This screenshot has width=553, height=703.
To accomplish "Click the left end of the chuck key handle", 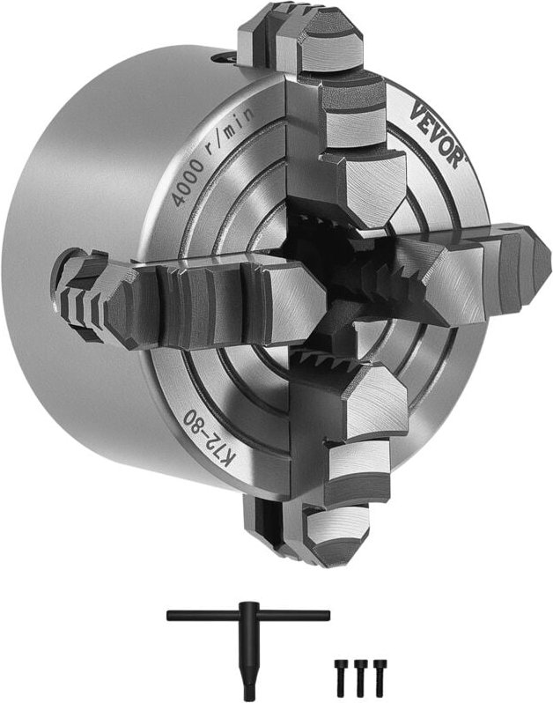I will click(172, 616).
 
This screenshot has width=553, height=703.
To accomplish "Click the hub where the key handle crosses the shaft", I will click(249, 616).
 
